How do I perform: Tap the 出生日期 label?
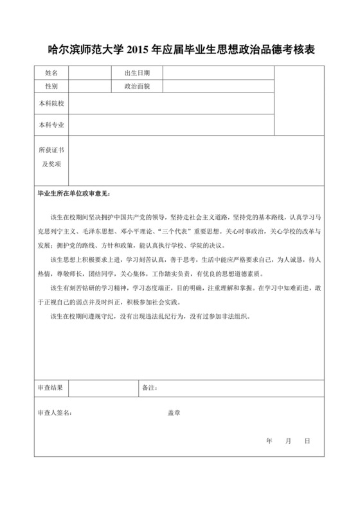137,73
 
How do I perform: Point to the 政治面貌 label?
137,85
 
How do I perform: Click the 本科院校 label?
51,103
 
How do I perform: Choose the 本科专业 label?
51,124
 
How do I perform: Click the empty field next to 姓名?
90,73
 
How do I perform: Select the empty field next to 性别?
90,85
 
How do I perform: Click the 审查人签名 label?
56,412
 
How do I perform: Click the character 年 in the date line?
269,442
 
